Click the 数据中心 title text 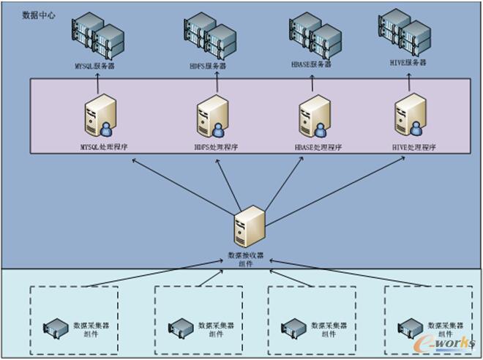[x=38, y=14]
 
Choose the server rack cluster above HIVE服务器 [x=405, y=33]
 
